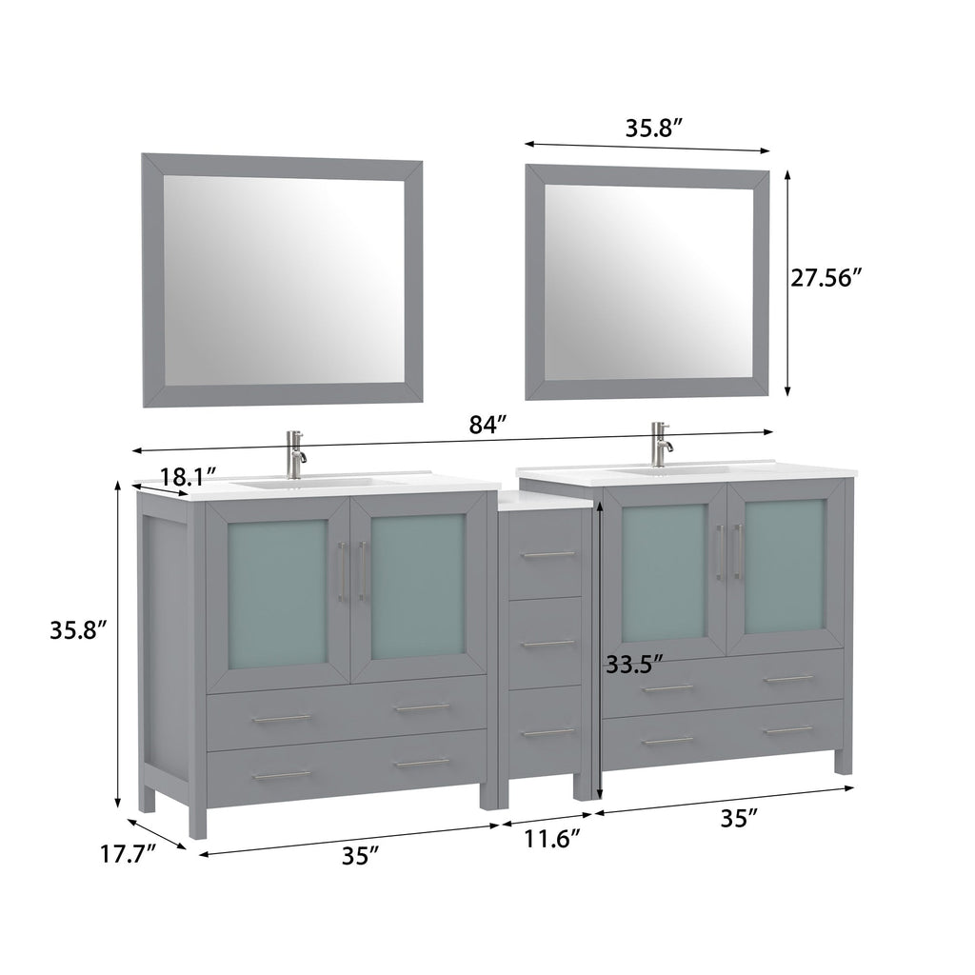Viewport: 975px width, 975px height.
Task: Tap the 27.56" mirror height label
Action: (x=826, y=277)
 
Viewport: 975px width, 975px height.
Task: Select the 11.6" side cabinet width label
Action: (x=552, y=839)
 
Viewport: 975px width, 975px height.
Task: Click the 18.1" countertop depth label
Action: (x=189, y=477)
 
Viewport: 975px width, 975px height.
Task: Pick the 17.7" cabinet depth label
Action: (x=128, y=854)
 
